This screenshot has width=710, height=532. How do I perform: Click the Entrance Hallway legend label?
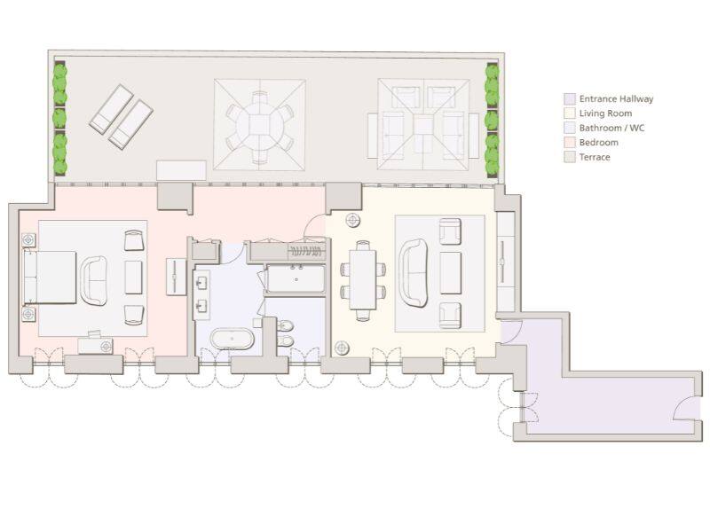[616, 99]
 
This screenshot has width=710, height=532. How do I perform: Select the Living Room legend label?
[605, 113]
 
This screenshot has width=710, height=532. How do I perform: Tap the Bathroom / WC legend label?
[611, 128]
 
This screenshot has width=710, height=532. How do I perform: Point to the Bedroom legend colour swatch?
[569, 142]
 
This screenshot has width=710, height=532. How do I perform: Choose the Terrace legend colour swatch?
[569, 157]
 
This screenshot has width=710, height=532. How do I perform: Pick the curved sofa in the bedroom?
[93, 278]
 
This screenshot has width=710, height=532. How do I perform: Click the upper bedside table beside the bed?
[28, 240]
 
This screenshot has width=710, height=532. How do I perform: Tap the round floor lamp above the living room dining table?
[353, 220]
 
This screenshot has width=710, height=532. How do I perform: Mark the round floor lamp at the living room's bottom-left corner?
[341, 347]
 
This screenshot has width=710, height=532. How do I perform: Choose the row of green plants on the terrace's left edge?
[59, 118]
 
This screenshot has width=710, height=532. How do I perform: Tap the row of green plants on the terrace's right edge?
[492, 118]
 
